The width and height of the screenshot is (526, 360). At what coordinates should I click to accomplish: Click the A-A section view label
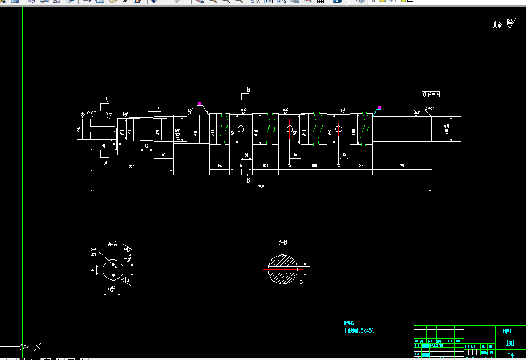click(112, 244)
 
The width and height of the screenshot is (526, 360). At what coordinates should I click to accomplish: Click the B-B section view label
click(283, 242)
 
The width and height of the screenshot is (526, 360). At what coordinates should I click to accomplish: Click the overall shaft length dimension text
click(261, 186)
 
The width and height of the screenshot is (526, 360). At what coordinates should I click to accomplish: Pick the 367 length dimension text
click(131, 166)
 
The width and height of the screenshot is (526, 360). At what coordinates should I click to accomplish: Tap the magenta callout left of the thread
click(200, 103)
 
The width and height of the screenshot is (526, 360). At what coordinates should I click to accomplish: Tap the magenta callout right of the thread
click(379, 107)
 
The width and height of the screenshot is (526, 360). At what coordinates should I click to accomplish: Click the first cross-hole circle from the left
click(241, 129)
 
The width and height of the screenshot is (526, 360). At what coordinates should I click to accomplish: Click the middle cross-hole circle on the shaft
click(289, 129)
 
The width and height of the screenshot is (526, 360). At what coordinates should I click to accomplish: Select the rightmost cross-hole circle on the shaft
click(338, 129)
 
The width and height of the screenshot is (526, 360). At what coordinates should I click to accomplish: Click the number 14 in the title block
click(510, 355)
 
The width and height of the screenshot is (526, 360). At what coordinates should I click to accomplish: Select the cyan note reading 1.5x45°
click(360, 330)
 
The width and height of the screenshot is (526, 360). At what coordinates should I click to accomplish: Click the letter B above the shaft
click(248, 90)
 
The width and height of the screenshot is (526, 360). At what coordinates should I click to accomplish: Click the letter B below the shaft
click(248, 181)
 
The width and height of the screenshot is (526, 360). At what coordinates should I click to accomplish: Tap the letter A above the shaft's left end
click(107, 100)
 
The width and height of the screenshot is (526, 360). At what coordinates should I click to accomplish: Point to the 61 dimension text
click(163, 154)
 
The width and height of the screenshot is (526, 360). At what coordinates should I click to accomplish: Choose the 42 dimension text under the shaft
click(146, 146)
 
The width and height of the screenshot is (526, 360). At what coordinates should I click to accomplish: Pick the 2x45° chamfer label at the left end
click(91, 112)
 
